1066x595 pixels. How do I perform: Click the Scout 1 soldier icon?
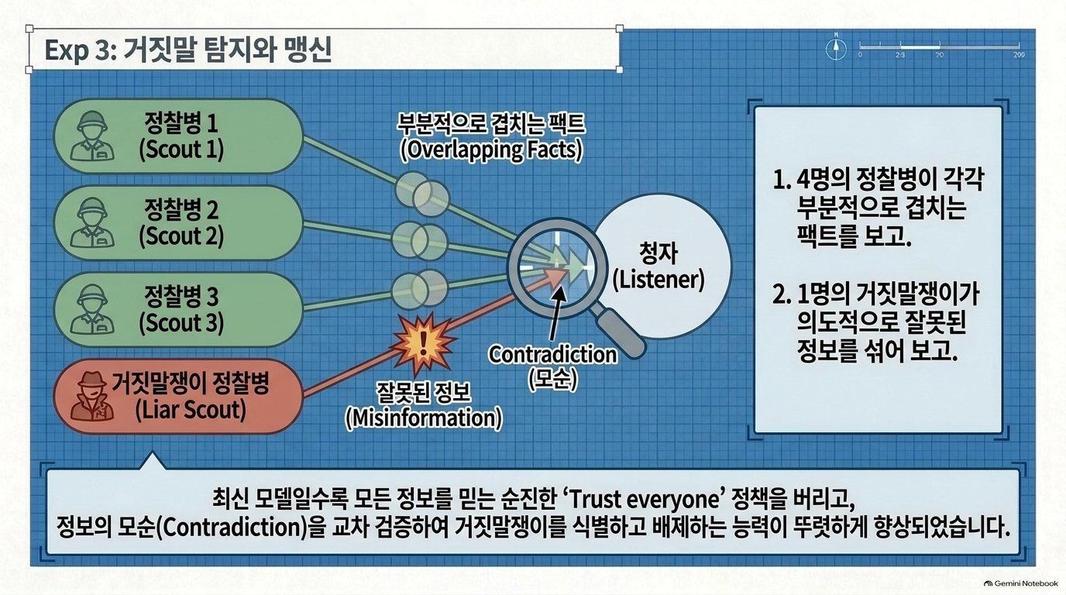[92, 136]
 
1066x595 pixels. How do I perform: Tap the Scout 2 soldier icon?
[92, 223]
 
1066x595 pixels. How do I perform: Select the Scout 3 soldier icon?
[92, 309]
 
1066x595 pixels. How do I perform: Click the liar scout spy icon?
[92, 396]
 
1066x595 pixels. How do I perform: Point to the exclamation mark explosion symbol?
[422, 341]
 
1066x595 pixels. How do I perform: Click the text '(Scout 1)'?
[181, 150]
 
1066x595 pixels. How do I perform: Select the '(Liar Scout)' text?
[191, 411]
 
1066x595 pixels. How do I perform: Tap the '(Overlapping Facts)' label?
[491, 150]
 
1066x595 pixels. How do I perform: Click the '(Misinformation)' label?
[423, 418]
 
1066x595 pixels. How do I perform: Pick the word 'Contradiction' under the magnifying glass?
[552, 355]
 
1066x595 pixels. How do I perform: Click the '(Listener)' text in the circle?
[659, 280]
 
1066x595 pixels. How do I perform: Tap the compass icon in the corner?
[836, 48]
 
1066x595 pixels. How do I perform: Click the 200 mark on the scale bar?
[1019, 55]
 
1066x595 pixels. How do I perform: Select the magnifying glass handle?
[618, 332]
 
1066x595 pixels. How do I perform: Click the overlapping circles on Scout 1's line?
[422, 194]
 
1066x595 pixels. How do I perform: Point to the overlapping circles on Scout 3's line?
[420, 288]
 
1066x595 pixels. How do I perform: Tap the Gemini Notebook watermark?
[1021, 583]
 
